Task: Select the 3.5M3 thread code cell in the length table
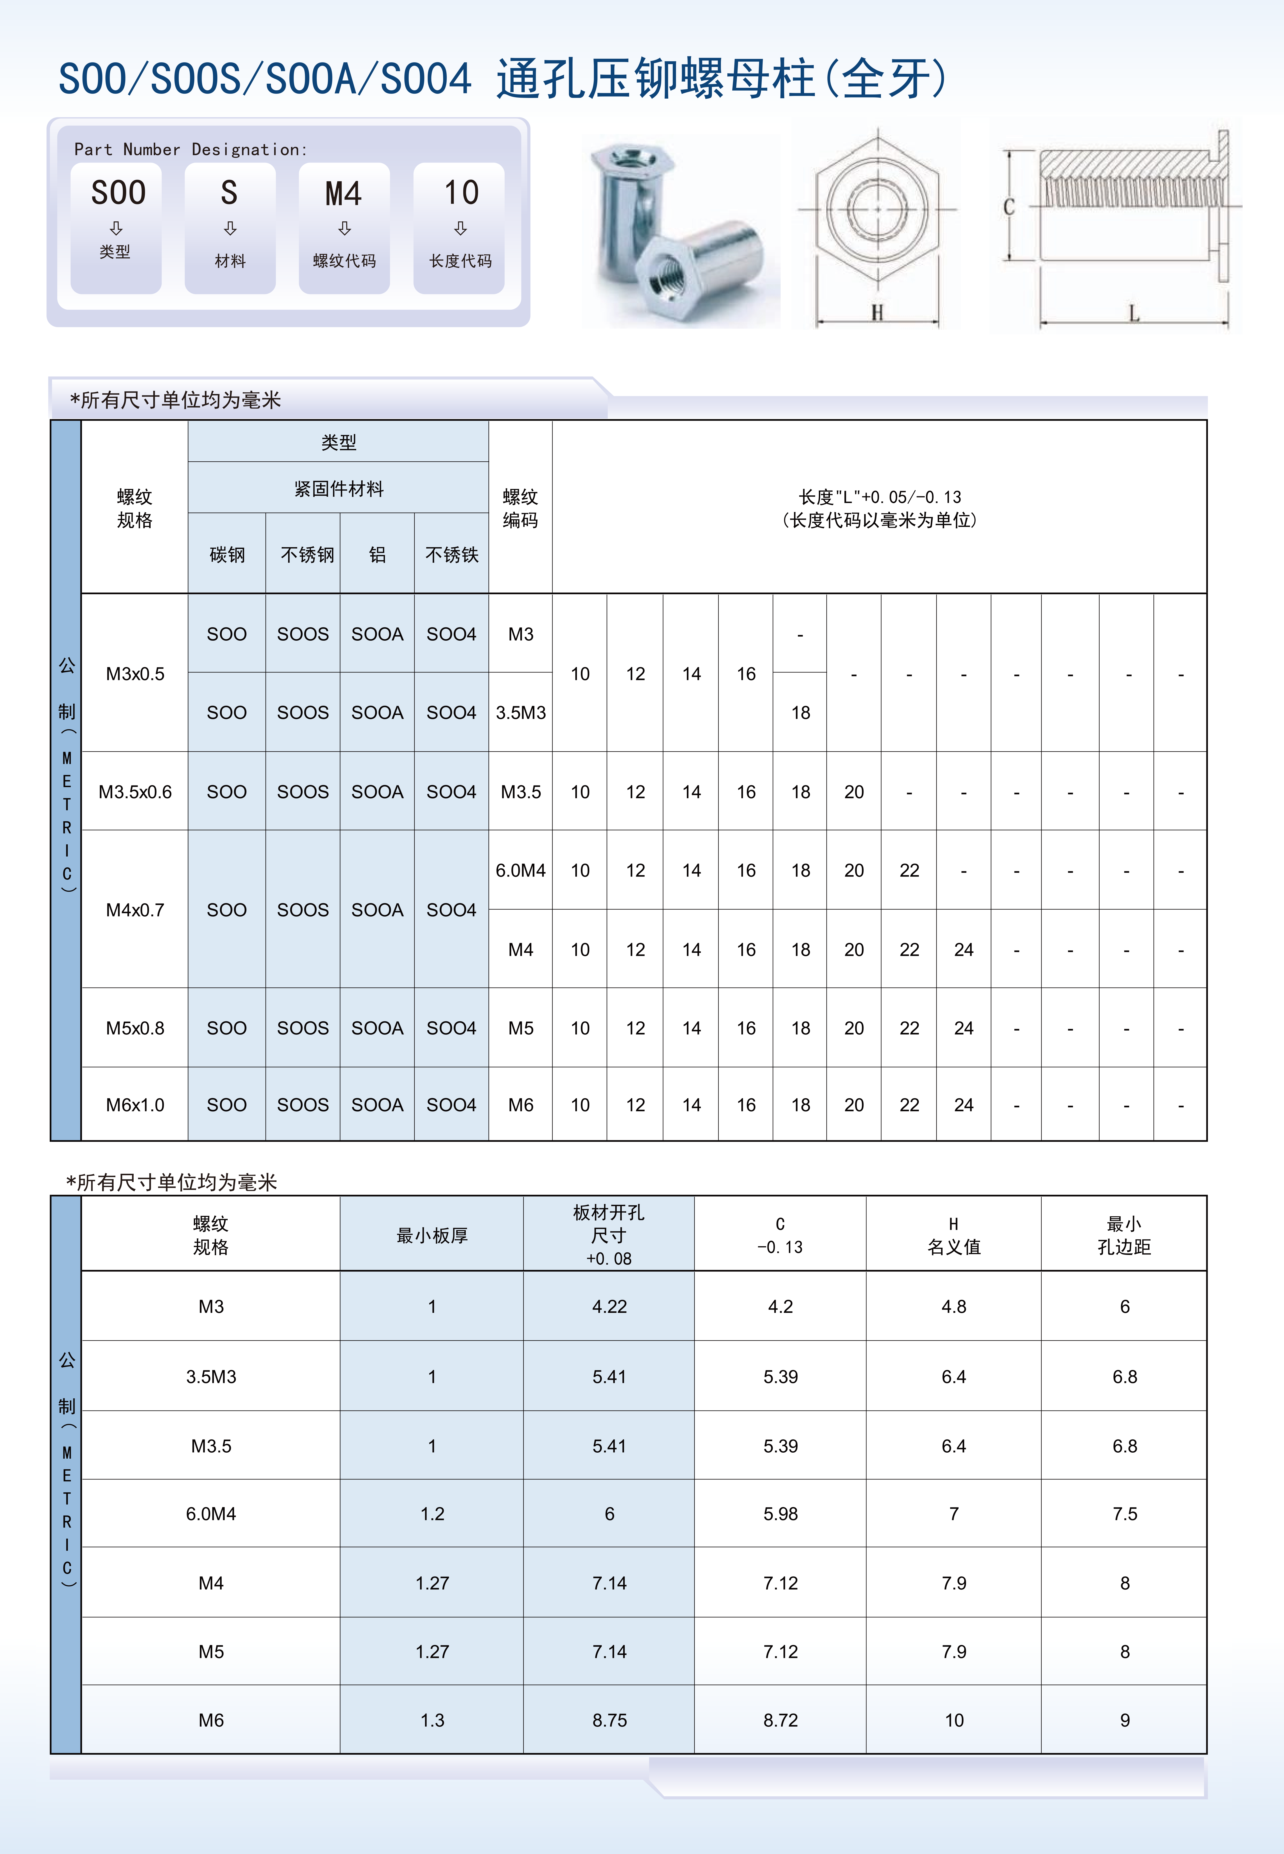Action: coord(521,713)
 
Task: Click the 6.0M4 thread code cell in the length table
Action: coord(521,870)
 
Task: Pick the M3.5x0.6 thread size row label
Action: coord(135,792)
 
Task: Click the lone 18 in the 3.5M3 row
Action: coord(800,713)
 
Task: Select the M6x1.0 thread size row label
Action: coord(135,1105)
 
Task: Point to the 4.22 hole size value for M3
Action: coord(609,1306)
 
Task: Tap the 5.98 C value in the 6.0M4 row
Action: coord(780,1514)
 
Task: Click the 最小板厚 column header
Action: coord(432,1235)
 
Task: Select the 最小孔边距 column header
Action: coord(1124,1235)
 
